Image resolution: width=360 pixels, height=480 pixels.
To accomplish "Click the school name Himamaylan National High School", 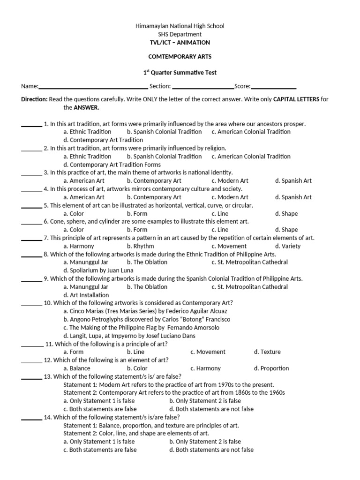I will [180, 26].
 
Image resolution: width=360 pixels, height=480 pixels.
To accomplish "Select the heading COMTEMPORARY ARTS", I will [180, 56].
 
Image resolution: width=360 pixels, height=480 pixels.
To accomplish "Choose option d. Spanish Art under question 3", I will [293, 180].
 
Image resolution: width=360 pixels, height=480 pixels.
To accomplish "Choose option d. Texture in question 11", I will [267, 352].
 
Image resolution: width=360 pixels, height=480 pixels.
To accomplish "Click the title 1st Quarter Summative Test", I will [180, 73].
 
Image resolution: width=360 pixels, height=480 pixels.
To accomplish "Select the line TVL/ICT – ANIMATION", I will [180, 42].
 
